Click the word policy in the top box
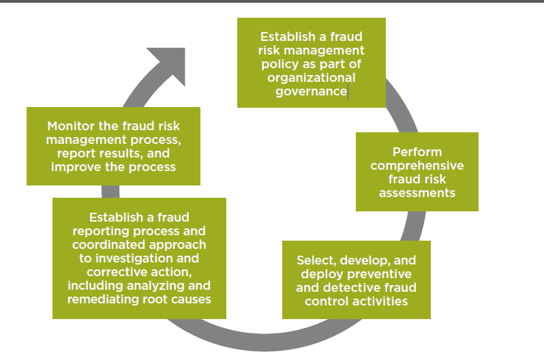pos(279,64)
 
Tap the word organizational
pos(312,78)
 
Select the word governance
pos(311,91)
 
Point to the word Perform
pos(417,152)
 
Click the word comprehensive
pos(417,166)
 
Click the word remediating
pos(100,299)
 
